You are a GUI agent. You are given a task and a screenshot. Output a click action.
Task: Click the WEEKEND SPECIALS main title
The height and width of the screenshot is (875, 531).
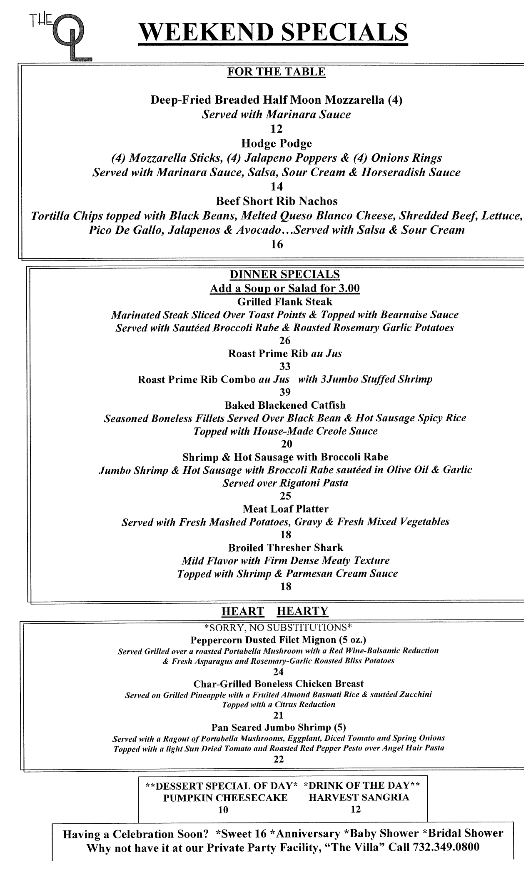[x=273, y=32]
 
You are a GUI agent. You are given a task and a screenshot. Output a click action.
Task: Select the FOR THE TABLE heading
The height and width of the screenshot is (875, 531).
[x=276, y=72]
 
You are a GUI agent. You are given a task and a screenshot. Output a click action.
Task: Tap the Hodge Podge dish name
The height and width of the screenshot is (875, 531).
[x=277, y=144]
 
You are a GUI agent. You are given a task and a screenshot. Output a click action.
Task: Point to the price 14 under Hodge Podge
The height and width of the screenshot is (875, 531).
[x=277, y=187]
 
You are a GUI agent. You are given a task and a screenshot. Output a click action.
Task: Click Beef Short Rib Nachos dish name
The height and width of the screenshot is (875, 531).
[x=277, y=201]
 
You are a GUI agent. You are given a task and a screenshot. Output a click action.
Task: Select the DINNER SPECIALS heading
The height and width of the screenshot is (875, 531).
[x=284, y=274]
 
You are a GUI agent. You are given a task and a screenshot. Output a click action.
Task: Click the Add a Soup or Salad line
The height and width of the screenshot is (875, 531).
[x=284, y=288]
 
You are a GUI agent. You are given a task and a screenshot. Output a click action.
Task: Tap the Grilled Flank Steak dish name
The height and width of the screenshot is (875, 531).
[x=284, y=302]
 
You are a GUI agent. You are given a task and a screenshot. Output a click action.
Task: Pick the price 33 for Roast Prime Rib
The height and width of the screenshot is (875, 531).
[x=285, y=367]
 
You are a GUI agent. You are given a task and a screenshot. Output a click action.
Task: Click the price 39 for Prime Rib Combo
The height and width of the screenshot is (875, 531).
[x=285, y=392]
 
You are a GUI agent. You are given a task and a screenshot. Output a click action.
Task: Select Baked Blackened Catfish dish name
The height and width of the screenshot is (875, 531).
[x=285, y=405]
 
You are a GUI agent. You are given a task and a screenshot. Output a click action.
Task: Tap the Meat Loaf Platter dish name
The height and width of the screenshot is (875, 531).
[x=285, y=509]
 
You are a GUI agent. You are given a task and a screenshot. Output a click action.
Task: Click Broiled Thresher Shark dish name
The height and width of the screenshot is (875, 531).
[x=285, y=547]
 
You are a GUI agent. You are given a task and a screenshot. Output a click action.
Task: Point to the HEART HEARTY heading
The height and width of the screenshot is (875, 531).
[x=275, y=611]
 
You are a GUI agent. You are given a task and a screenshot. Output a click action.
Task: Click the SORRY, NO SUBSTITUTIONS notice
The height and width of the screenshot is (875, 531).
[x=278, y=627]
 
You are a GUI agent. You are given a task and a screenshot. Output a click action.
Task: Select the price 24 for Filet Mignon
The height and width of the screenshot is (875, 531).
[x=278, y=672]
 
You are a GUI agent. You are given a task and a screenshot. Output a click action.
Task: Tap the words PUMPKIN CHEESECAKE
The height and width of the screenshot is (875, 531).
[x=225, y=797]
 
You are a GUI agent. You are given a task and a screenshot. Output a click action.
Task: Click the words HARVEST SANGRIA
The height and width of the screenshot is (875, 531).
[x=359, y=797]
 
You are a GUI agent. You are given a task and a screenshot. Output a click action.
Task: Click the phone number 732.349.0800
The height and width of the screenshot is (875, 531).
[x=446, y=847]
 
